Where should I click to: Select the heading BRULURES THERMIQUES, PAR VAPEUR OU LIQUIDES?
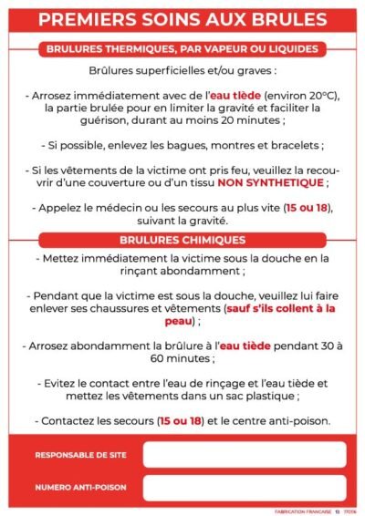[182, 48]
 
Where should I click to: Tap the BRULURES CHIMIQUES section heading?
[182, 241]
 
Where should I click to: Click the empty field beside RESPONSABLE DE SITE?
[244, 454]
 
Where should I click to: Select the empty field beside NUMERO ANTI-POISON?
[244, 488]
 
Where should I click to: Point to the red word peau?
[177, 321]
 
